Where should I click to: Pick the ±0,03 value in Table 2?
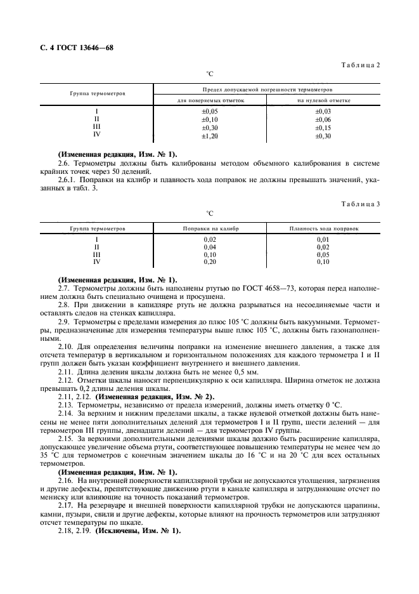click(323, 111)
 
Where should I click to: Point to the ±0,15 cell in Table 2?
click(323, 128)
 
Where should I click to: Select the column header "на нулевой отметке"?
click(323, 100)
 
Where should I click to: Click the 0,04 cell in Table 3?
click(210, 246)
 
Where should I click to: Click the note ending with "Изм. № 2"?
click(156, 397)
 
